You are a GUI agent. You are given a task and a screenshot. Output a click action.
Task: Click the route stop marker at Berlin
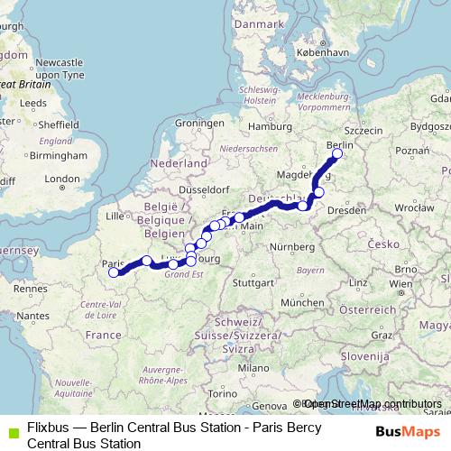337,154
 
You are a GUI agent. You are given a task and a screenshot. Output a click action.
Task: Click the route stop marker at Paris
113,272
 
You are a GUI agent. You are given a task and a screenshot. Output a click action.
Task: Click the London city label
62,179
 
